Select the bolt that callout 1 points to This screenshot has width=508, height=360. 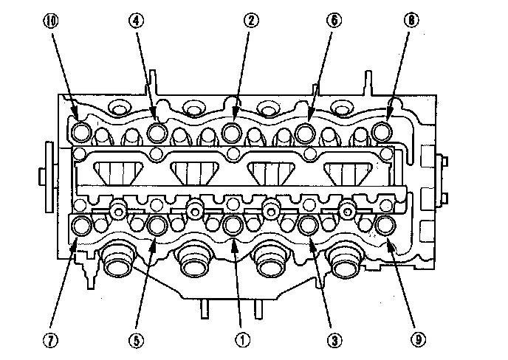[x=232, y=224]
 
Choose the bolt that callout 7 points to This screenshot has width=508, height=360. [x=82, y=224]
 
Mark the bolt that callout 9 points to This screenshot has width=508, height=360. [x=383, y=224]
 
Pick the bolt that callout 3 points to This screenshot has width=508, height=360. [x=309, y=224]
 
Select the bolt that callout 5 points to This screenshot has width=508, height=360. [x=157, y=224]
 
